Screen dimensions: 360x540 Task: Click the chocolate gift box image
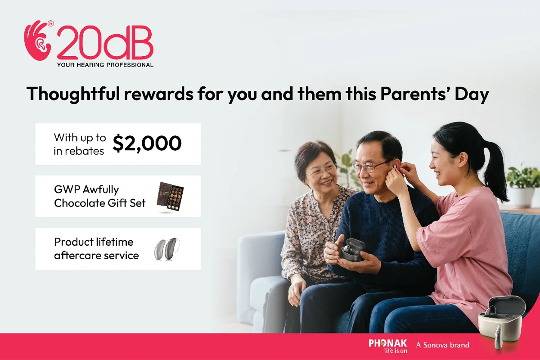170,197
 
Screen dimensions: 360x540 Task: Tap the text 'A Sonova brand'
442,345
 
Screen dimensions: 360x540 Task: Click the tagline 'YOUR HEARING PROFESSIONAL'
105,65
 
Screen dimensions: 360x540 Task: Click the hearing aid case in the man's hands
351,250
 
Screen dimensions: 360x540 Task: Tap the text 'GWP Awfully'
86,189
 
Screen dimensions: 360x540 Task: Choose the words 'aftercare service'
96,256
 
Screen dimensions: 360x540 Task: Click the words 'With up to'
80,137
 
